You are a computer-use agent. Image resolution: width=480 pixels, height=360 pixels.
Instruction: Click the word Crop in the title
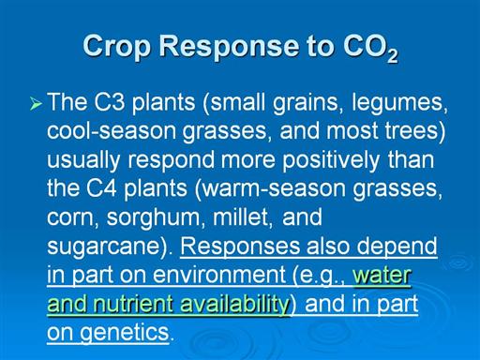[117, 47]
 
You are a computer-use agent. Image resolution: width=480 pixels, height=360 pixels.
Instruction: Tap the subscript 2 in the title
[393, 56]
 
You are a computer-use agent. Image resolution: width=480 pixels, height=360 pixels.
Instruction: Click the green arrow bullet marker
[37, 104]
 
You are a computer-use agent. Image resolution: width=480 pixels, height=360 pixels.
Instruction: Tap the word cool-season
[112, 131]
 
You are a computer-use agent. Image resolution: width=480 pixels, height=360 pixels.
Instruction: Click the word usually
[83, 160]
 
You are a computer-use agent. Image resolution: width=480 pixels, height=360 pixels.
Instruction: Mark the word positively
[331, 160]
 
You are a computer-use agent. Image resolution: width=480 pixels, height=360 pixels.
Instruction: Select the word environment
[218, 275]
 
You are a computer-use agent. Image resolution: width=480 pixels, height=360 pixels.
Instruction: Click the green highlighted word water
[382, 275]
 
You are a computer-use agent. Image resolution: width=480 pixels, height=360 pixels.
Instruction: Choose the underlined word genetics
[125, 333]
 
